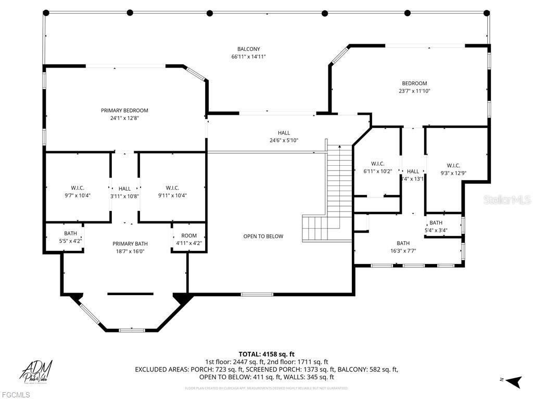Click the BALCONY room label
[248, 49]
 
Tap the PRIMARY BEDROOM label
[124, 110]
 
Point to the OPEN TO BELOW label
[263, 236]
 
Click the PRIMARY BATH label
[130, 244]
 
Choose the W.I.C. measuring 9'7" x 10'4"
[78, 188]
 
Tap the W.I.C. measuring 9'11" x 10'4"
[172, 188]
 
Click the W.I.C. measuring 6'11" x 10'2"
[377, 164]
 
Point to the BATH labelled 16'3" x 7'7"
[403, 243]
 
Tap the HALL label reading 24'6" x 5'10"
[284, 133]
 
